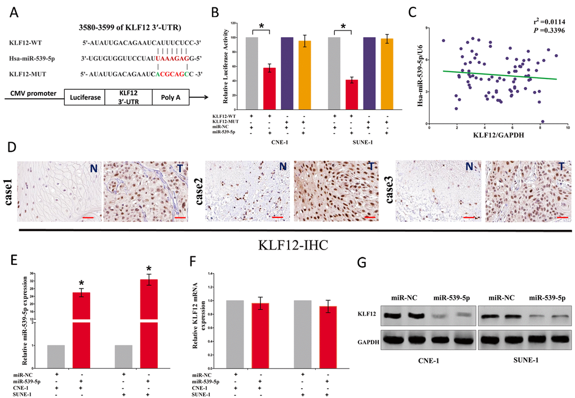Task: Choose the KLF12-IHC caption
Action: click(x=287, y=246)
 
